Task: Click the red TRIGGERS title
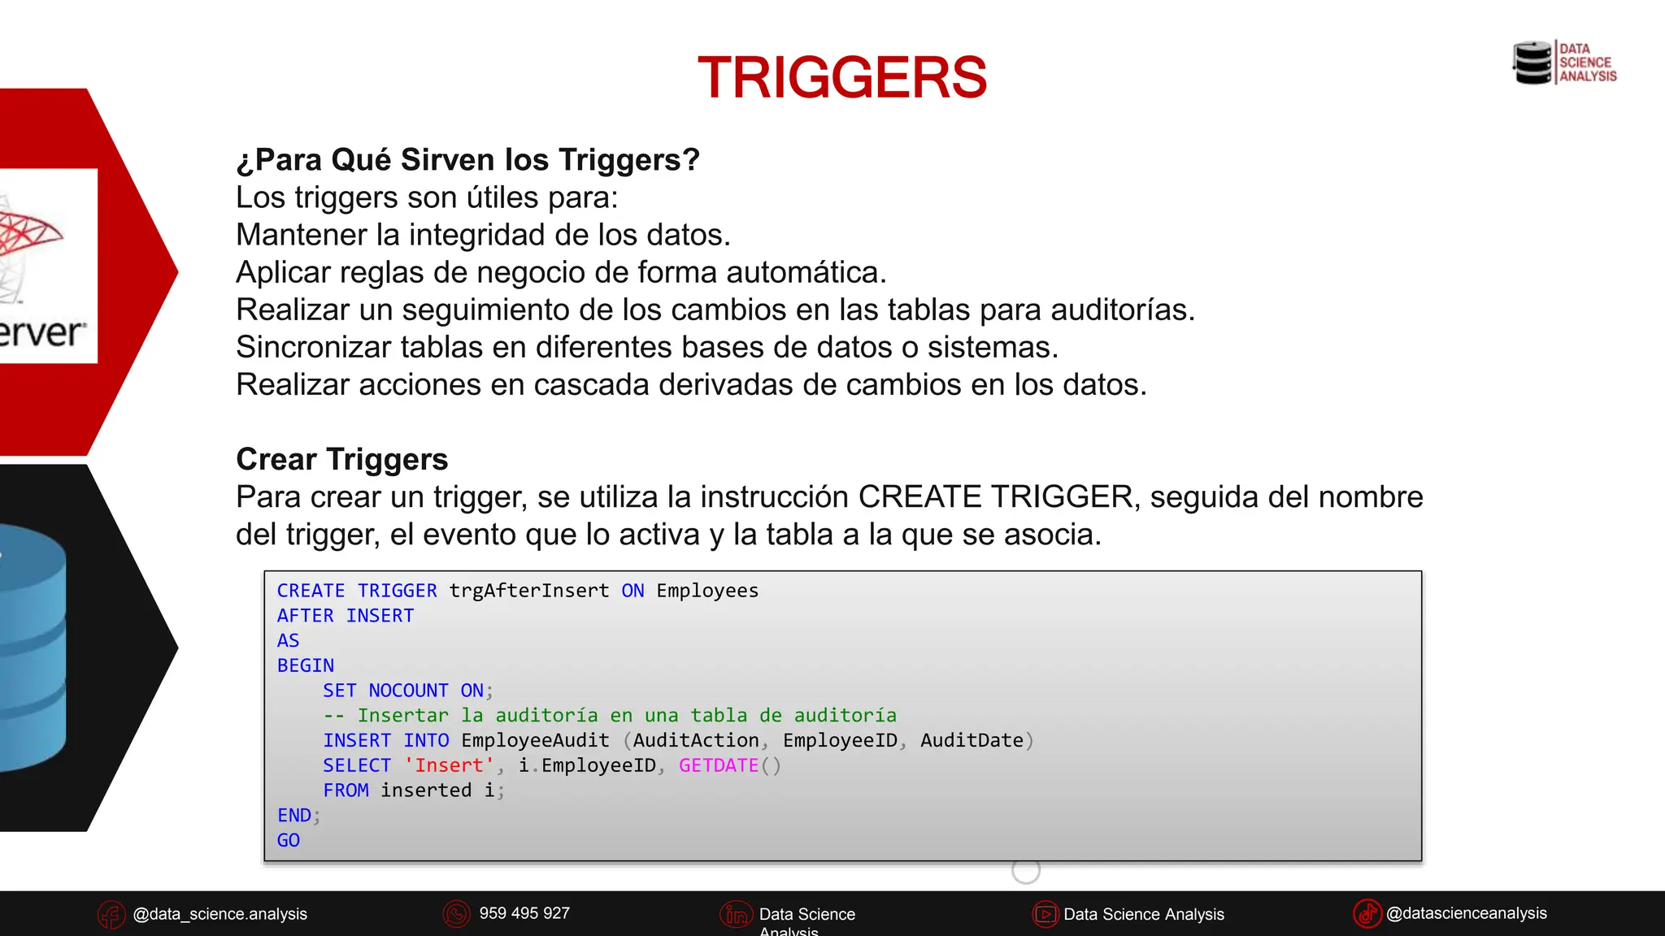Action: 842,78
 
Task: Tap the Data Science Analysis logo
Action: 1564,63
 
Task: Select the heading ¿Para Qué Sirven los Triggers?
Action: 467,160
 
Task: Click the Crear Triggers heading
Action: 341,459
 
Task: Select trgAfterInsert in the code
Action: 529,591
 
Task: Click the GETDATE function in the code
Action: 719,765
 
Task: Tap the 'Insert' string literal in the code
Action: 449,765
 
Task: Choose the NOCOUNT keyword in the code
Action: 408,691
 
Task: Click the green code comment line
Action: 610,716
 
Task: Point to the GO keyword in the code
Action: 289,840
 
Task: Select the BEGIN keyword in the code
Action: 306,665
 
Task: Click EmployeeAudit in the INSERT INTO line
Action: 535,740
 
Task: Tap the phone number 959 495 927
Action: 524,913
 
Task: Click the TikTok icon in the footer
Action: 1367,913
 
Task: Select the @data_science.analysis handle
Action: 220,914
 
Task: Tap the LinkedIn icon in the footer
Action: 736,915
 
